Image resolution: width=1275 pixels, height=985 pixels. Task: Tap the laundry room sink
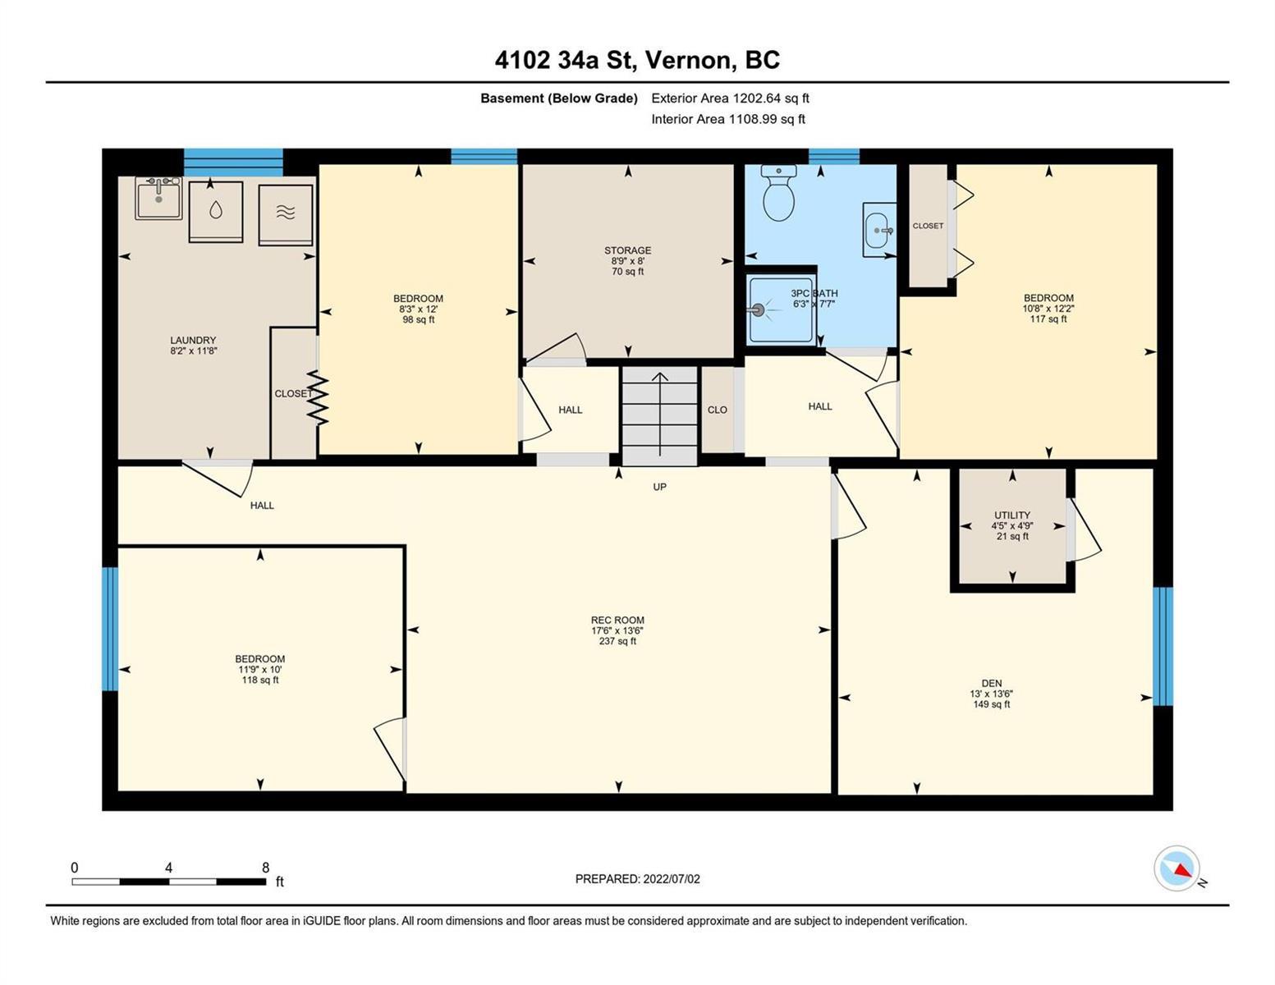pyautogui.click(x=158, y=198)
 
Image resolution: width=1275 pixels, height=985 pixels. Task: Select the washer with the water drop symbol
pyautogui.click(x=215, y=211)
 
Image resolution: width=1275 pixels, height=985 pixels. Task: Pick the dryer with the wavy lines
pyautogui.click(x=285, y=215)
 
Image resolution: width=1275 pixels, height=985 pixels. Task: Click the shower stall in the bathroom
pyautogui.click(x=781, y=309)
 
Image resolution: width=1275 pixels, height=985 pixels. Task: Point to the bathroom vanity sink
pyautogui.click(x=879, y=230)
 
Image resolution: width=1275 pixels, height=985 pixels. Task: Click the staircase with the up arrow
pyautogui.click(x=659, y=415)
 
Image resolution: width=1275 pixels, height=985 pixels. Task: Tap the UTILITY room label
pyautogui.click(x=1012, y=515)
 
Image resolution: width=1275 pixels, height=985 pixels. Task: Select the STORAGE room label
pyautogui.click(x=628, y=250)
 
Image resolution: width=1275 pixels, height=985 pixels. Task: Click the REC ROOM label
pyautogui.click(x=617, y=620)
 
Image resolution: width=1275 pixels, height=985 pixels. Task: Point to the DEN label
pyautogui.click(x=992, y=684)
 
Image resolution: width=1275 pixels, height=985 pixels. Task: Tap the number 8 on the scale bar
pyautogui.click(x=265, y=868)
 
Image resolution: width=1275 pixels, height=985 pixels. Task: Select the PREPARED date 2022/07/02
pyautogui.click(x=672, y=879)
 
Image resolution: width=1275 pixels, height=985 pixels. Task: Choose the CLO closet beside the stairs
pyautogui.click(x=717, y=410)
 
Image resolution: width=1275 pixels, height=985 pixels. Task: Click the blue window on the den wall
pyautogui.click(x=1163, y=646)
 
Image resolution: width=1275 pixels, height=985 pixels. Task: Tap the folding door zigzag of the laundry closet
pyautogui.click(x=318, y=397)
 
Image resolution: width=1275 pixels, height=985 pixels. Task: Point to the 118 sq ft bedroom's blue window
pyautogui.click(x=110, y=629)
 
